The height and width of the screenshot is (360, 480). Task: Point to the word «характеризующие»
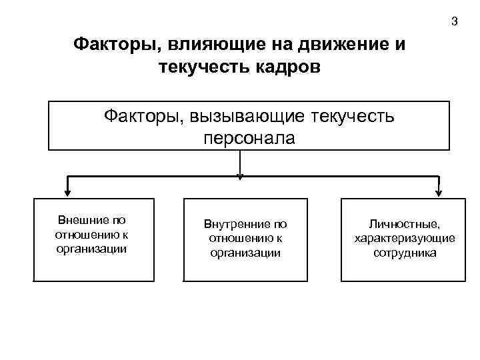[405, 239]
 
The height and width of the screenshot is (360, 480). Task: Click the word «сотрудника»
[405, 253]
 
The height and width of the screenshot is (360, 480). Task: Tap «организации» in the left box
[92, 249]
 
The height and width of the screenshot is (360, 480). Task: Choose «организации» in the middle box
[245, 253]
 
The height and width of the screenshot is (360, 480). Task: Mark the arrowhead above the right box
[439, 193]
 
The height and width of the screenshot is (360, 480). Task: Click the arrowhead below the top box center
[240, 176]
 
